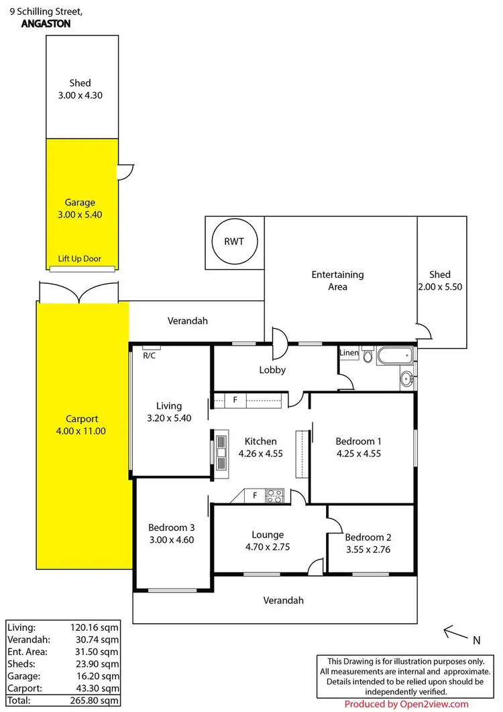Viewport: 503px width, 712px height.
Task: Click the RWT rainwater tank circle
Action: (234, 242)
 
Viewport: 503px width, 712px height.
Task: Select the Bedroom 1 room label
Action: (359, 442)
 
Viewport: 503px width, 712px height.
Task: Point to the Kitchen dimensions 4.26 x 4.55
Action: (260, 453)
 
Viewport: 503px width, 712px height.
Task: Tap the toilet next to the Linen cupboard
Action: (368, 356)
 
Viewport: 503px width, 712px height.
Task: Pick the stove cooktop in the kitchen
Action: (275, 497)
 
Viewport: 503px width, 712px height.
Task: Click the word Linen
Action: (349, 352)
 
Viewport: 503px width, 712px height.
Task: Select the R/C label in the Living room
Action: (149, 356)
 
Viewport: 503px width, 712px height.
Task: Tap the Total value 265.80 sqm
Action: (97, 701)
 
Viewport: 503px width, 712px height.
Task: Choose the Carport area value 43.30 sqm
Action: (97, 689)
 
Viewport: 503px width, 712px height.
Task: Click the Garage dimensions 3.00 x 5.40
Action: (80, 215)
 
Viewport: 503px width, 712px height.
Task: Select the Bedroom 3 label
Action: (172, 527)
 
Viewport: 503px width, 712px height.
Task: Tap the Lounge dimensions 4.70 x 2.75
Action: (268, 548)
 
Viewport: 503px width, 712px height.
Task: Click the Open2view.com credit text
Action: (406, 704)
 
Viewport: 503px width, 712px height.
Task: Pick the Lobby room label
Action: (273, 370)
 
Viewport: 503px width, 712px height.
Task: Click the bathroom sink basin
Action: (406, 379)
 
